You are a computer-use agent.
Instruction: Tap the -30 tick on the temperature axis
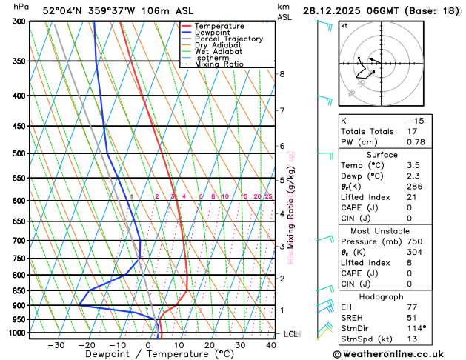tap(56, 345)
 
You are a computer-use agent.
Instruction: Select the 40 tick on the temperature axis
tap(271, 345)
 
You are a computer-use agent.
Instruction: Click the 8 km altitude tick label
tap(282, 74)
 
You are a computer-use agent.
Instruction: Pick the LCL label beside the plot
tap(290, 334)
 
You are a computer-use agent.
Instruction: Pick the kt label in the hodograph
tap(344, 26)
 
